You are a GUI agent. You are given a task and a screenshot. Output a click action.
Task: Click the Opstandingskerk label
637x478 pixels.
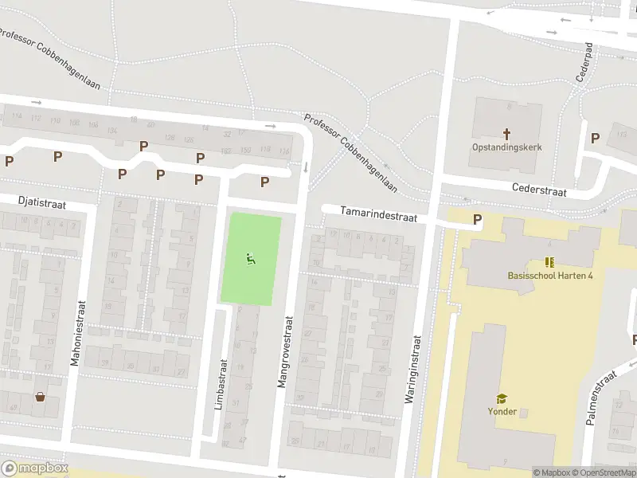pos(506,147)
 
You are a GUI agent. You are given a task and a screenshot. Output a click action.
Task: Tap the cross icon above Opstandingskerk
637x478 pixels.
pos(506,133)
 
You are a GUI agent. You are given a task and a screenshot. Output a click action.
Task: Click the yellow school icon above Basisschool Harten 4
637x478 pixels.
pos(549,261)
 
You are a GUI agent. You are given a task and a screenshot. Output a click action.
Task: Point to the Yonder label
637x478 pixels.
pos(502,412)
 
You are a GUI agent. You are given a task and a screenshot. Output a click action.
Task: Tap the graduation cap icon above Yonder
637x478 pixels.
pos(502,398)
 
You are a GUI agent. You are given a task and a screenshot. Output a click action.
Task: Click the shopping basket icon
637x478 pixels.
pos(40,397)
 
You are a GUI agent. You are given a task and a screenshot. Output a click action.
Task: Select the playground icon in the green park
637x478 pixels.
pos(250,257)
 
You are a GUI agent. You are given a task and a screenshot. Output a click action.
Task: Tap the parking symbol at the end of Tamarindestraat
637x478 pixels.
pos(477,220)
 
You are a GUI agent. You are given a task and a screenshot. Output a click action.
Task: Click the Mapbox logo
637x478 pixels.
pos(34,468)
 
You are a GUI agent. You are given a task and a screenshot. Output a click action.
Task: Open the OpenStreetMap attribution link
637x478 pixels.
pos(600,472)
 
